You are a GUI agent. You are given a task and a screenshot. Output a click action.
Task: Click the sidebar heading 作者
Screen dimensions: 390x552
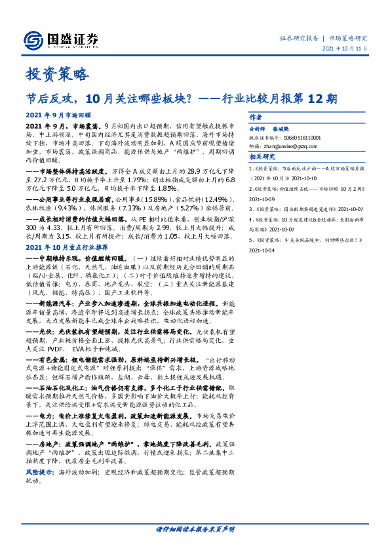256,117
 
